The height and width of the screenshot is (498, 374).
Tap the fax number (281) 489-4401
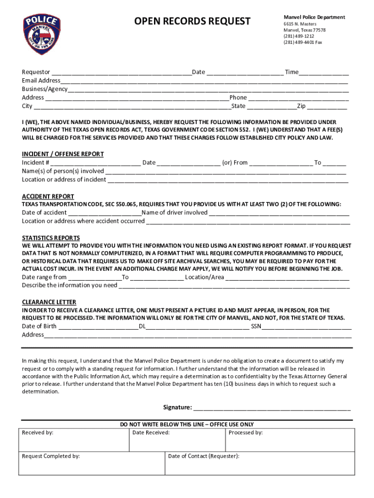303,42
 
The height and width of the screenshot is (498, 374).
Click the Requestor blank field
121,72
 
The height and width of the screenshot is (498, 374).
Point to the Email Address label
41,81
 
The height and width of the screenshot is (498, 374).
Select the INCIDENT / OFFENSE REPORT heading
63,154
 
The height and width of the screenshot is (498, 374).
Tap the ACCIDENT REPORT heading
48,196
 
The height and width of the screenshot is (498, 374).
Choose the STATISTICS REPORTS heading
51,238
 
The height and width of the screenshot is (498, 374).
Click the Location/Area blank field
288,277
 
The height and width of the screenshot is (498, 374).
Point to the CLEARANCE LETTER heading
49,302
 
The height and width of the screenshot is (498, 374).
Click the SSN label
256,326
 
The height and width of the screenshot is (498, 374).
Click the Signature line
272,408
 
